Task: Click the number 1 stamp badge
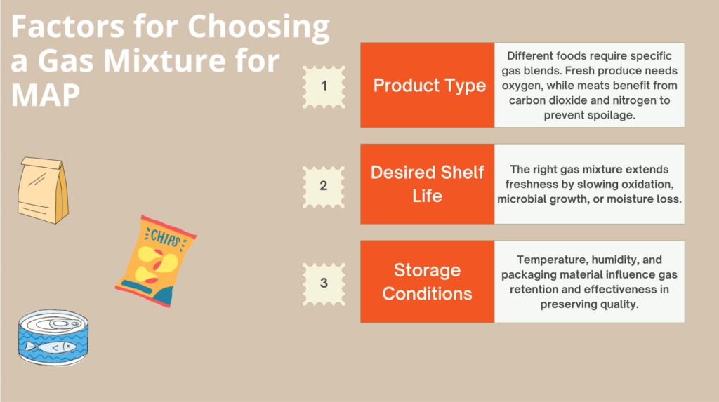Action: pyautogui.click(x=324, y=86)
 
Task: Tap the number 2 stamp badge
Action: pyautogui.click(x=324, y=186)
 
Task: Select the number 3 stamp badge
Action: pyautogui.click(x=324, y=283)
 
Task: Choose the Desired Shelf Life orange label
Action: pyautogui.click(x=427, y=184)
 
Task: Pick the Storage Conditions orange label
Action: pyautogui.click(x=427, y=281)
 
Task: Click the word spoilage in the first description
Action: pyautogui.click(x=610, y=115)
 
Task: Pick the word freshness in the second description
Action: pyautogui.click(x=527, y=185)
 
